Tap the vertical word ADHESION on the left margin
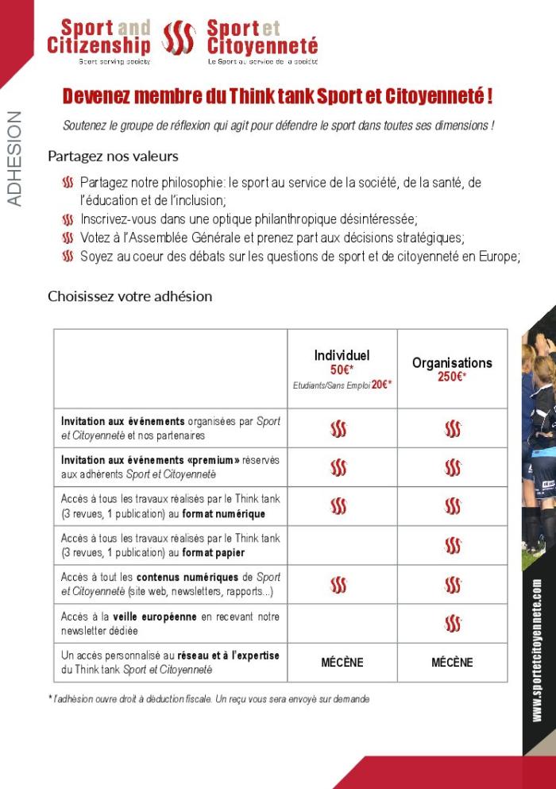[14, 159]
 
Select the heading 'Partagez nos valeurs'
[113, 156]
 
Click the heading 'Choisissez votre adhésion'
[129, 296]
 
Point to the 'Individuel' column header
[342, 355]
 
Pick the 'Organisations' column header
[452, 362]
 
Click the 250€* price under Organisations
[452, 377]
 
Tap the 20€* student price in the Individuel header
[381, 385]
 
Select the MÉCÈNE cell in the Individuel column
[342, 663]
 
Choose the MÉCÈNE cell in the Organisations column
[452, 663]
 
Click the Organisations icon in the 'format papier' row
[453, 546]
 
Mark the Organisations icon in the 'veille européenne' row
[453, 624]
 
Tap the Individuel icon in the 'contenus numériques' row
[339, 585]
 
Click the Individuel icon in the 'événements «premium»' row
[339, 468]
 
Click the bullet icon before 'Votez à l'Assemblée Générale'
[68, 238]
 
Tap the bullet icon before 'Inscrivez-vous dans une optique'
[68, 219]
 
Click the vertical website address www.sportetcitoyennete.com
[538, 650]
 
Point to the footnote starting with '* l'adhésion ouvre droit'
[208, 699]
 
